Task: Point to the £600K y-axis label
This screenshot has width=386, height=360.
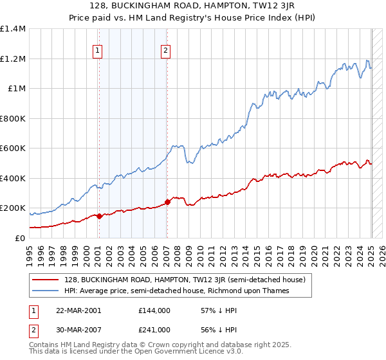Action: pos(13,148)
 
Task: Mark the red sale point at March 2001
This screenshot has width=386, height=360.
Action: pos(99,217)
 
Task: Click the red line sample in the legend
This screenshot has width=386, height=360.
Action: pos(46,280)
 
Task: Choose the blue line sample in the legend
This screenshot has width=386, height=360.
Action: pos(46,291)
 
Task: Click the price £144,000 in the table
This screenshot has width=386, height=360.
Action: pos(154,310)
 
